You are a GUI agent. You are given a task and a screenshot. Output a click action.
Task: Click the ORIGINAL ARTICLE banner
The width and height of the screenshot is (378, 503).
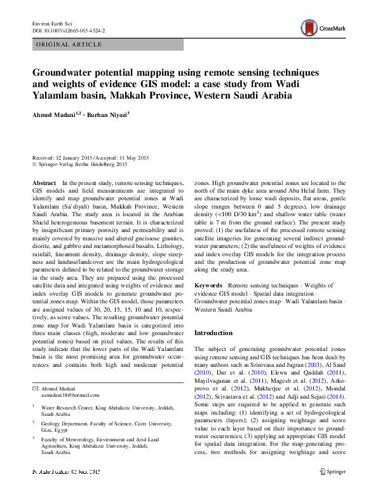pos(71,45)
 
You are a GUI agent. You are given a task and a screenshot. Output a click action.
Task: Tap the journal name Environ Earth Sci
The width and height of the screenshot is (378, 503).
pos(54,23)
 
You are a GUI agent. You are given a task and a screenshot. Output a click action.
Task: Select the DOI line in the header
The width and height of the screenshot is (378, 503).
pos(69,30)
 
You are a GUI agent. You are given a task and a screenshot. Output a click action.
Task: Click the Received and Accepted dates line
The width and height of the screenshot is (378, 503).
pos(90,158)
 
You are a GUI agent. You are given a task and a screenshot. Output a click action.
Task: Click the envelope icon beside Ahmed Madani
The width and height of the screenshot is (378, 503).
pos(35,389)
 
